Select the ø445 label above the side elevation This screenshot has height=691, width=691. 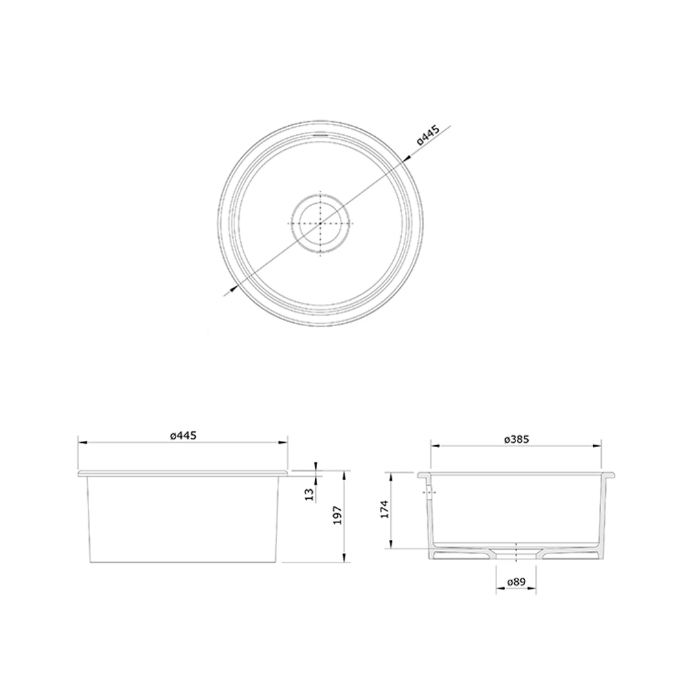click(x=183, y=435)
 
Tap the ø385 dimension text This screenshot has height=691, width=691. click(x=516, y=439)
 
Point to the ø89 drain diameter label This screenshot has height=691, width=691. click(x=517, y=583)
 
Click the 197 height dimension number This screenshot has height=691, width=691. click(x=337, y=515)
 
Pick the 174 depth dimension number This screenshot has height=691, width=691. click(x=384, y=509)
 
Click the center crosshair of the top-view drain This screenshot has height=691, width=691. click(x=321, y=224)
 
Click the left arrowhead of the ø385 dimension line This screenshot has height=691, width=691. click(x=433, y=446)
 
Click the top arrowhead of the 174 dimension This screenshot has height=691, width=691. click(x=391, y=476)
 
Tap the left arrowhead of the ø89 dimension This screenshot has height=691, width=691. click(x=498, y=590)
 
